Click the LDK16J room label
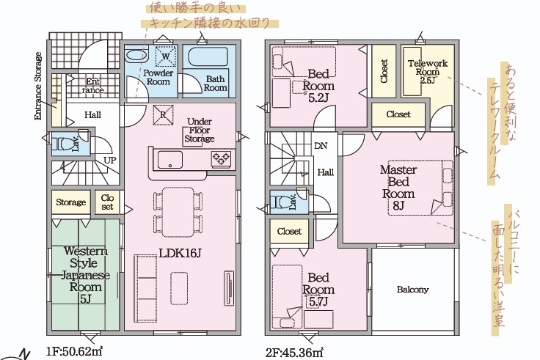[x=180, y=253]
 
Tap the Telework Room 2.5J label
[x=428, y=72]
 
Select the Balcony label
[x=412, y=290]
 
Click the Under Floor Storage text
[x=200, y=130]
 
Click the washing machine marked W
[x=166, y=56]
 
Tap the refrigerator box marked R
[x=163, y=114]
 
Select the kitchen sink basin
[x=170, y=160]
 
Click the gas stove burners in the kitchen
[x=221, y=159]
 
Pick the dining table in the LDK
[x=178, y=212]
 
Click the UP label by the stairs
[x=110, y=160]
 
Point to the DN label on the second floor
[x=321, y=146]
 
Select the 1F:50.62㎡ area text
[x=74, y=352]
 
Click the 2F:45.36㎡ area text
[x=294, y=353]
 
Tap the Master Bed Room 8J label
[x=398, y=188]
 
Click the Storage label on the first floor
[x=71, y=202]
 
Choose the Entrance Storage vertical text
[x=38, y=86]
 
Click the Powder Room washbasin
[x=136, y=55]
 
